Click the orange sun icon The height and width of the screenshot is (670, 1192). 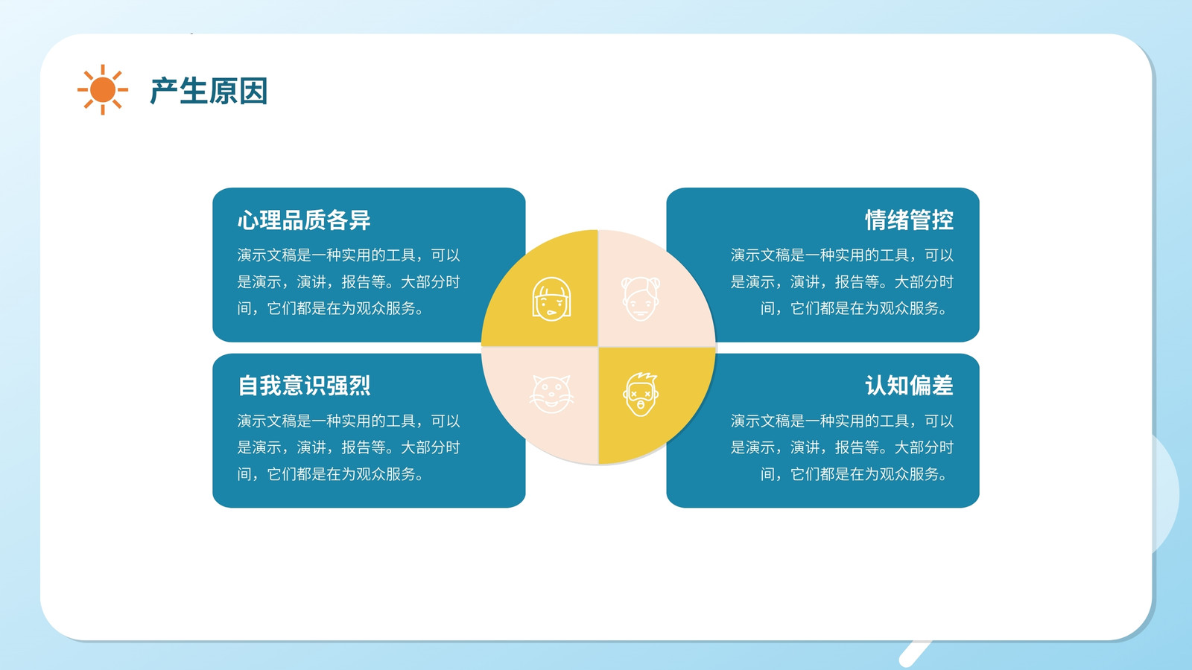tap(103, 89)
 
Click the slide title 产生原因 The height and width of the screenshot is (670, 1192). tap(209, 91)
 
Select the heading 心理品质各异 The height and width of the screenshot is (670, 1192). tap(304, 220)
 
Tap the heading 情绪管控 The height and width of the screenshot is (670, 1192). tap(909, 220)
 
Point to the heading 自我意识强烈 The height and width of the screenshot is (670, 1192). tap(304, 386)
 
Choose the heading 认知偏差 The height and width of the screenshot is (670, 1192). tap(909, 386)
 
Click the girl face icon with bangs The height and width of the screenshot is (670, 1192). tap(551, 299)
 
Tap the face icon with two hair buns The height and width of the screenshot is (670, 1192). tap(641, 299)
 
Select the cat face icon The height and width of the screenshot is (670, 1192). tap(551, 394)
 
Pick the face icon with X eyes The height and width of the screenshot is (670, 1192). tap(641, 394)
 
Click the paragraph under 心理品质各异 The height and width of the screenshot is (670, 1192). tap(349, 282)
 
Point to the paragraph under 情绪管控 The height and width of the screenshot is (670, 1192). tap(842, 282)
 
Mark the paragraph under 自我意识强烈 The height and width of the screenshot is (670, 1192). tap(349, 447)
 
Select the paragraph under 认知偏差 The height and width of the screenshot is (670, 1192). tap(842, 447)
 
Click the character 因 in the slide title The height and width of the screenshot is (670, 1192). tap(253, 91)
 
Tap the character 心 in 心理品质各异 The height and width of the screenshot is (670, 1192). tap(249, 220)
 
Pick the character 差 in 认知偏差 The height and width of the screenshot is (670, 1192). tap(942, 386)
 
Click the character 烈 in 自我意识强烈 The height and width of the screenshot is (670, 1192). tap(360, 386)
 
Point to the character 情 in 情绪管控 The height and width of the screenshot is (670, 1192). tap(876, 220)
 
